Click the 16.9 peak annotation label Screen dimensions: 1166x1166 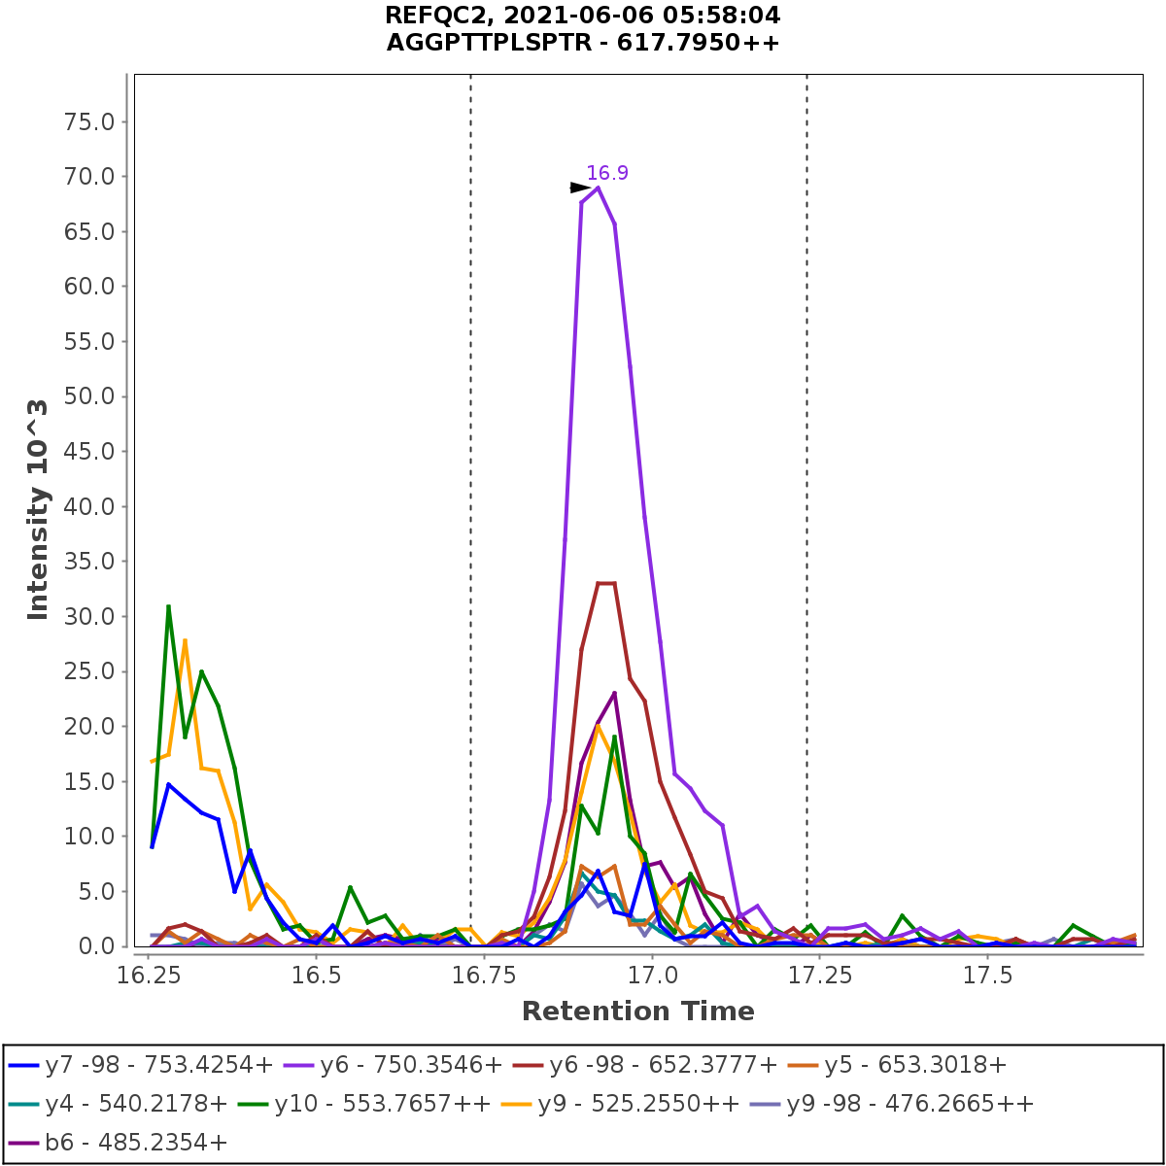point(607,173)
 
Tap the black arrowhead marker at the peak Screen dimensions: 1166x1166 point(579,188)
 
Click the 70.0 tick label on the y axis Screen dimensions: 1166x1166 point(88,177)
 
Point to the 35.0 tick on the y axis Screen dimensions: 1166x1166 point(88,562)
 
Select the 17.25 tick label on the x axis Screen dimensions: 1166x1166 point(819,975)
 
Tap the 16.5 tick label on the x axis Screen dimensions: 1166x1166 point(315,975)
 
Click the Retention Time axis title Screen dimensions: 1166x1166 point(637,1012)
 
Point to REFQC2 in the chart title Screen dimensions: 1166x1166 point(427,16)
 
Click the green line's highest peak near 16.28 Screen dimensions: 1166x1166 point(168,606)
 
